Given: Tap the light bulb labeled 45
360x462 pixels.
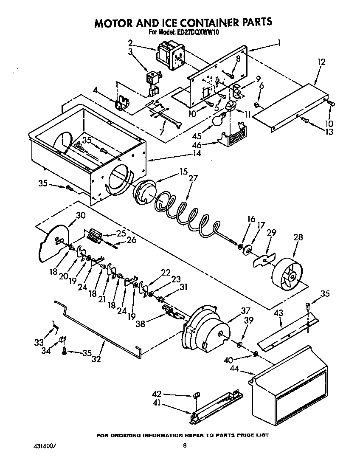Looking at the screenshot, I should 218,121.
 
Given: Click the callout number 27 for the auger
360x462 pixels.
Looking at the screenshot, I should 193,179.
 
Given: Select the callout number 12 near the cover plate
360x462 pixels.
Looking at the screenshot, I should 321,62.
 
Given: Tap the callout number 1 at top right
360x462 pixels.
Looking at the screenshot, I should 279,42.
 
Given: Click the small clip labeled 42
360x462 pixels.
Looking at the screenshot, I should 196,396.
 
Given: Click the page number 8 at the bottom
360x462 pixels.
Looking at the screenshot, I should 185,446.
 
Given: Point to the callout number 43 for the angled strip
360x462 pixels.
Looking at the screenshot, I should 278,313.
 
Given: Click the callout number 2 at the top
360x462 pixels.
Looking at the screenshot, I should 130,42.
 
